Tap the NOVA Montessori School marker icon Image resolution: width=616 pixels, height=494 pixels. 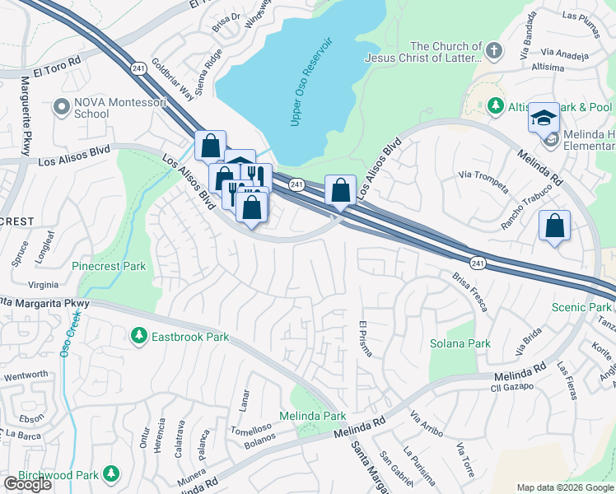coord(60,107)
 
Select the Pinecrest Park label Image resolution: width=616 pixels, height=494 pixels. coord(109,266)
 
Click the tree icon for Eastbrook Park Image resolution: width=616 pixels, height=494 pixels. coord(139,336)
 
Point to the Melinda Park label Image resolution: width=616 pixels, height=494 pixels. coord(313,416)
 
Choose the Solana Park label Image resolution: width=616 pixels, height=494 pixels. coord(460,343)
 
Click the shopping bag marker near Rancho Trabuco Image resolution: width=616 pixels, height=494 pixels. coord(555,225)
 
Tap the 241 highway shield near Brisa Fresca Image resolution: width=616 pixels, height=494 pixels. coord(478,263)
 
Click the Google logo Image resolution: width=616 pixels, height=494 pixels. coord(27,484)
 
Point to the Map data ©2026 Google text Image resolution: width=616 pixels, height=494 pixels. coord(565,487)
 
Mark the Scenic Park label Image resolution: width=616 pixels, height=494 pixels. coord(582,307)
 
